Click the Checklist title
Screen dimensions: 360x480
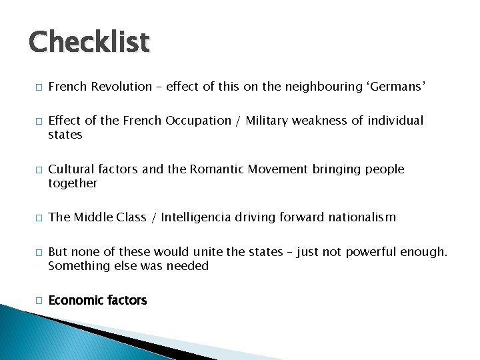[89, 42]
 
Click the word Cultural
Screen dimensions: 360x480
[70, 169]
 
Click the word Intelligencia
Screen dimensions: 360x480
[203, 217]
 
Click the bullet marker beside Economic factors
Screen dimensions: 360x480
[39, 301]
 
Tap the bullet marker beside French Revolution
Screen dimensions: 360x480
[39, 87]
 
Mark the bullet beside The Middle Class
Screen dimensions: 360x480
[39, 218]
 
